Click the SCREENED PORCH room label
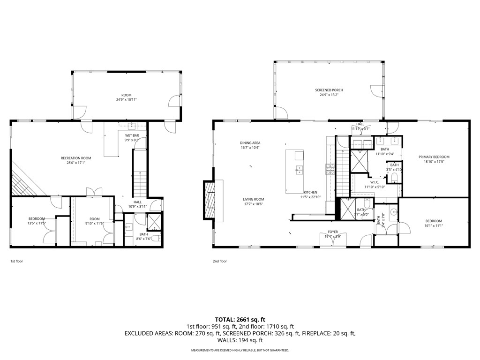[x=329, y=90]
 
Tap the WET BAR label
[x=132, y=135]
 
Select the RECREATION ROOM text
[x=76, y=158]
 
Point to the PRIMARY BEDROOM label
[x=434, y=157]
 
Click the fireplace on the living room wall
[x=209, y=200]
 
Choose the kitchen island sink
[x=298, y=170]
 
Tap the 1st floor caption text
[x=16, y=261]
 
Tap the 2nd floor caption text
[x=219, y=261]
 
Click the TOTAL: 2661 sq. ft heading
[x=240, y=320]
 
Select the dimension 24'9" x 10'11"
[x=127, y=99]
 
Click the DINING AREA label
[x=250, y=143]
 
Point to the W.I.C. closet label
[x=374, y=182]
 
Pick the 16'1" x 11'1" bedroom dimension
[x=434, y=225]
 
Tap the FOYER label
[x=332, y=232]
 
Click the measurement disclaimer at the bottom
[x=240, y=350]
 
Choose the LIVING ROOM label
[x=254, y=199]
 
